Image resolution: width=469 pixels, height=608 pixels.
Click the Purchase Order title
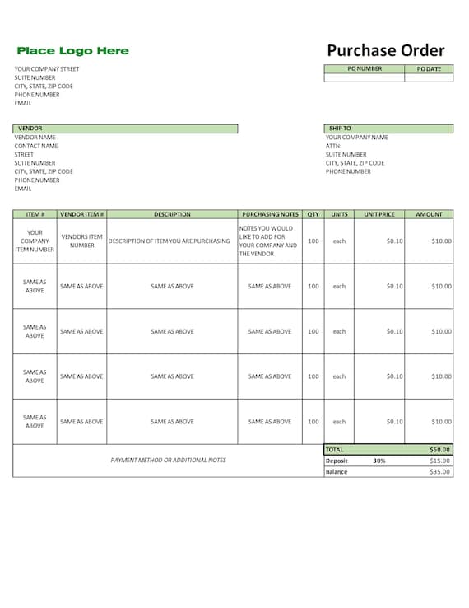(385, 50)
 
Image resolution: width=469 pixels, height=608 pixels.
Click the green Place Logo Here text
(72, 51)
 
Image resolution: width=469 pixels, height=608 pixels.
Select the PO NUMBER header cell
(365, 69)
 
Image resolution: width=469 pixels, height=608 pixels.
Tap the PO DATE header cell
(429, 69)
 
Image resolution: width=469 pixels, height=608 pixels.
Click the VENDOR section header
(30, 129)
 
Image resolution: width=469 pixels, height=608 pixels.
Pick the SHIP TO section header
(340, 129)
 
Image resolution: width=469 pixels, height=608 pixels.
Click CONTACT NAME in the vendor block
(36, 146)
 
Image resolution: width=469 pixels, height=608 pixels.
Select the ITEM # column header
(35, 214)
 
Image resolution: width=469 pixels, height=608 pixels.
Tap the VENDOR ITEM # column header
(81, 214)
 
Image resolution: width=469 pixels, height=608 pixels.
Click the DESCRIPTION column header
(172, 214)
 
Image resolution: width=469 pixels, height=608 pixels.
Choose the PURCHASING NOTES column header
(270, 214)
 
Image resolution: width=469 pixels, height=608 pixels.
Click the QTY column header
(313, 214)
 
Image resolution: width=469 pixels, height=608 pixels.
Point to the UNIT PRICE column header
(379, 214)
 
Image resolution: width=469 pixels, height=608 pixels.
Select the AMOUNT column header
(429, 214)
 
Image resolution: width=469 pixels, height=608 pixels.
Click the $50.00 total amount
(440, 450)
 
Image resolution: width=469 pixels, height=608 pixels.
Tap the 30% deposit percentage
(378, 461)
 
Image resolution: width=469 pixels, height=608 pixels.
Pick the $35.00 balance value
(440, 472)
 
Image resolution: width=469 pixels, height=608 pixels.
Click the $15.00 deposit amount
(440, 461)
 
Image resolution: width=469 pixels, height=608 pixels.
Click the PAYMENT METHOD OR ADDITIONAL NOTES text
(168, 460)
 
